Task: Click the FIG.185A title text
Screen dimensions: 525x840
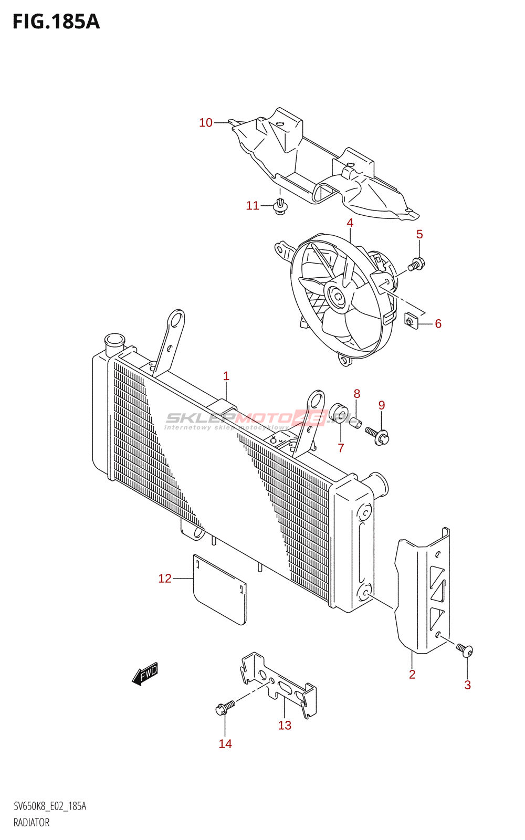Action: pos(56,22)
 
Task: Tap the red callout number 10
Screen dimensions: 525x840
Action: pos(206,123)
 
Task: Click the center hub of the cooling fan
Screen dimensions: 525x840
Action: pos(336,297)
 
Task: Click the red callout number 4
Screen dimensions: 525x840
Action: pos(350,223)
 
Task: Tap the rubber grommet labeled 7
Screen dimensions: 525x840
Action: pos(340,413)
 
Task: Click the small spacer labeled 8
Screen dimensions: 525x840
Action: pos(355,421)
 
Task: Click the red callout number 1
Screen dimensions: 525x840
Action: pos(226,376)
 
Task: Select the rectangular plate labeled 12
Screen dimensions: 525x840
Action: pos(219,590)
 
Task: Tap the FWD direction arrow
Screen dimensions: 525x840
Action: pos(145,674)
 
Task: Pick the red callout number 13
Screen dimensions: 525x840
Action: pos(285,726)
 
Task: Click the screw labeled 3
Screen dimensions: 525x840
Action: pos(464,650)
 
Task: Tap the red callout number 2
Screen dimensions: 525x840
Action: pos(412,675)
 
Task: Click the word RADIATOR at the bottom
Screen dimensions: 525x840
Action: pos(31,823)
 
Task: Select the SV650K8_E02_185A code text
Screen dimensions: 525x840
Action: pos(50,806)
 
